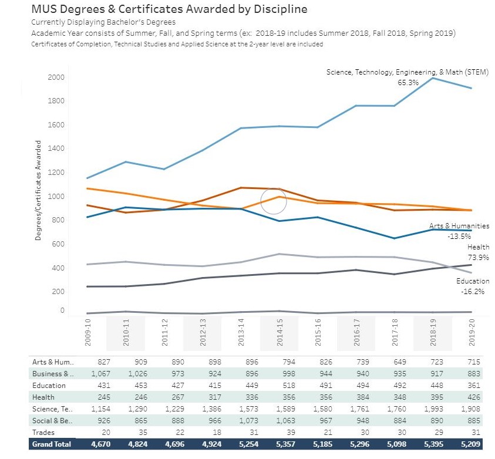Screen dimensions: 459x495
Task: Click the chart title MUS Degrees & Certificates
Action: point(169,9)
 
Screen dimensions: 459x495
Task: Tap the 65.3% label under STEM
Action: point(408,83)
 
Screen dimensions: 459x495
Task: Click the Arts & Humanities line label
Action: point(459,226)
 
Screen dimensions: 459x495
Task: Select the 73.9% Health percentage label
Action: point(478,258)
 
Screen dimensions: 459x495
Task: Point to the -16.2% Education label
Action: point(473,291)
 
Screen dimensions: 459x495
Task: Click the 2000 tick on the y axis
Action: point(56,77)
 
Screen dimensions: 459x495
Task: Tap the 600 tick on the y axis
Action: point(58,244)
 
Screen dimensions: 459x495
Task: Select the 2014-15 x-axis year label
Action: point(280,334)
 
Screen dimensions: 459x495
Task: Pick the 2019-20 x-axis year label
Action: point(472,334)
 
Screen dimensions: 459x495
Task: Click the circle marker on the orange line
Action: point(273,201)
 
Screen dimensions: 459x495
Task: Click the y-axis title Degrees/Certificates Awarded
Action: point(39,190)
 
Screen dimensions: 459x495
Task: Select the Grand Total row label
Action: point(51,444)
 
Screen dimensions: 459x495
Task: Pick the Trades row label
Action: point(44,433)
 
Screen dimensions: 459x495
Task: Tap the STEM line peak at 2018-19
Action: point(433,78)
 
